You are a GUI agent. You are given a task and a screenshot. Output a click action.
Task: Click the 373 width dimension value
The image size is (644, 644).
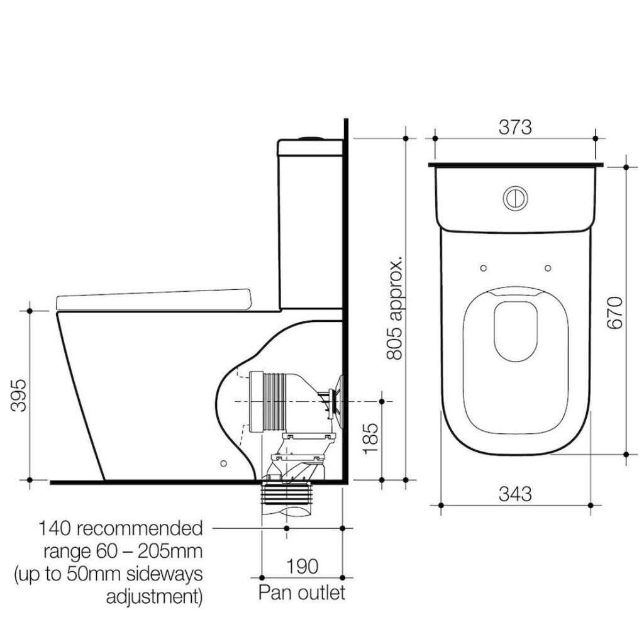point(515,128)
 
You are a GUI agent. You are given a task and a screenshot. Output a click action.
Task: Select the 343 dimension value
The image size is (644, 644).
point(515,494)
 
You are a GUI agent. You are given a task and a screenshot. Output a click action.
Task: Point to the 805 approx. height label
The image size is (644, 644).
point(394,308)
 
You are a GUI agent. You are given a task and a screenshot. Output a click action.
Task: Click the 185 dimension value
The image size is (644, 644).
point(371,438)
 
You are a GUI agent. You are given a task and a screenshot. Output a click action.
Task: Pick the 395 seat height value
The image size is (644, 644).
point(20,395)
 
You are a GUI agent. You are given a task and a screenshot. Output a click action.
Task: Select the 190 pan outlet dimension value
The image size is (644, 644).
point(301,566)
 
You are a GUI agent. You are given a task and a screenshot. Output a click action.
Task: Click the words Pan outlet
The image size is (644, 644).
point(302,592)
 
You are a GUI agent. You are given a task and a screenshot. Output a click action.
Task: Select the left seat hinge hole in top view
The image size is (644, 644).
point(483,269)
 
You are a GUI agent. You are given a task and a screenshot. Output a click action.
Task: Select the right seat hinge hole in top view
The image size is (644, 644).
point(547,269)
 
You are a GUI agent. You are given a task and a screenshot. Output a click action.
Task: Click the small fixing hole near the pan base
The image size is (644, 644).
point(223,463)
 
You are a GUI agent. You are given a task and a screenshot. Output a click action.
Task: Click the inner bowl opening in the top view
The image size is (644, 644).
point(515,330)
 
